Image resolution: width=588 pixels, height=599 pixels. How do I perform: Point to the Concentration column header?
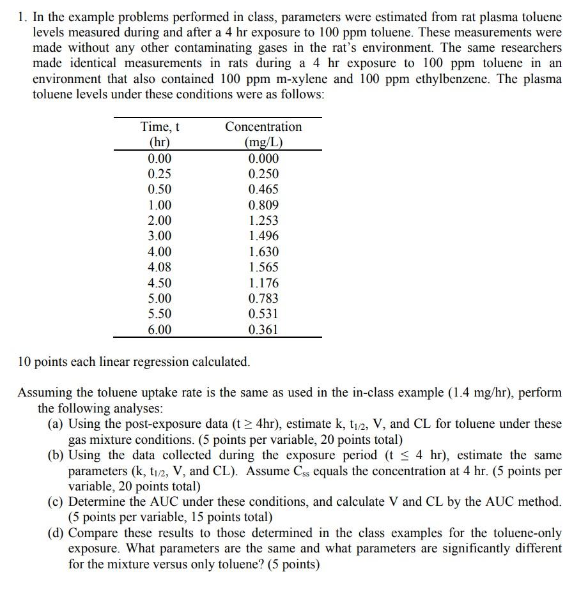(x=263, y=127)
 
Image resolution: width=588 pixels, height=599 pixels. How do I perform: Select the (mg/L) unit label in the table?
(x=263, y=142)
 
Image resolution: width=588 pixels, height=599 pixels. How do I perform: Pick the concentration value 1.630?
(x=263, y=252)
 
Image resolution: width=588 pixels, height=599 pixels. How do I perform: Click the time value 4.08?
(x=159, y=268)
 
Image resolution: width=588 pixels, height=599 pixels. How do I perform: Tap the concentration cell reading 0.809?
(x=263, y=205)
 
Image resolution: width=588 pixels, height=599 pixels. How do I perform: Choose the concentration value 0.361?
(x=263, y=330)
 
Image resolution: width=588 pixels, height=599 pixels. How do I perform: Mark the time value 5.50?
(x=159, y=314)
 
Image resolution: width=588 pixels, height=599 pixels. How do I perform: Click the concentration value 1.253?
(x=263, y=221)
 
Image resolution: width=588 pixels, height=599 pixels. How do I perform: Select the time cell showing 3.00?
(x=159, y=236)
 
